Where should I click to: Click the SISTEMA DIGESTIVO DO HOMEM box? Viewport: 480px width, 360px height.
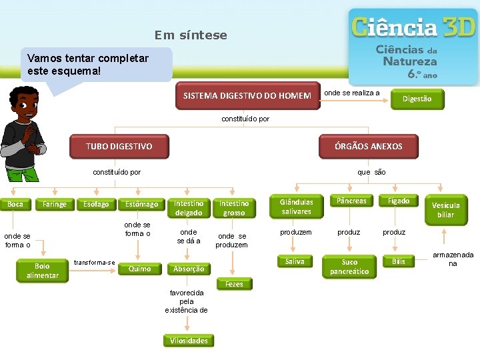[247, 96]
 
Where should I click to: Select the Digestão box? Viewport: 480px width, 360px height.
[417, 99]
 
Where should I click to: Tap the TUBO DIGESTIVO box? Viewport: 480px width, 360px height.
[119, 146]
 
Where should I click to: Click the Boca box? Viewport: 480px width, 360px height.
[16, 203]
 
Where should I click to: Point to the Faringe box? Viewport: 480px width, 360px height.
[55, 204]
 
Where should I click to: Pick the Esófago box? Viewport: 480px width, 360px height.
[96, 204]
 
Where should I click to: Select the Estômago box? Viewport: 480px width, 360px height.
[142, 204]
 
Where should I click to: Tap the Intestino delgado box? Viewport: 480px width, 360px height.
[189, 208]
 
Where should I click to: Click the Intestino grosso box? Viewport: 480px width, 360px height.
[234, 208]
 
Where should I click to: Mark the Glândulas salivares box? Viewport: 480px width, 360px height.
[297, 207]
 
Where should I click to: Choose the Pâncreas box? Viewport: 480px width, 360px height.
[351, 201]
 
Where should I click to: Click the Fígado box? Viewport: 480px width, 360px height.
[399, 201]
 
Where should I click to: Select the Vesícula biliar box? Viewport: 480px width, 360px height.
[446, 210]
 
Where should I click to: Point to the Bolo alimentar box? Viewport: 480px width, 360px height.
[43, 271]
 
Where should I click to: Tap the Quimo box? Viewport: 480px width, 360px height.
[139, 269]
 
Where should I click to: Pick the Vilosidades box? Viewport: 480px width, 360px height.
[189, 341]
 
